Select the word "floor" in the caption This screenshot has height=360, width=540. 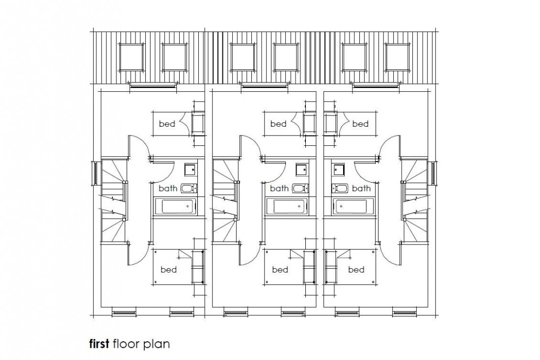127,343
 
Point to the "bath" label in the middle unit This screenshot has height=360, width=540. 279,188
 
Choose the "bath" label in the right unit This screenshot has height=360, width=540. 361,188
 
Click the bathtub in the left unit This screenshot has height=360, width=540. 176,206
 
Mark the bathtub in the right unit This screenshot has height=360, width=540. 350,206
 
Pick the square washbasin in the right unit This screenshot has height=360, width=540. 338,170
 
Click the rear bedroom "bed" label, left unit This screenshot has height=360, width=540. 167,124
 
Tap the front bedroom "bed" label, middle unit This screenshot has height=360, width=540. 280,270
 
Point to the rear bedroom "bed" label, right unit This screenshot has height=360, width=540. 360,124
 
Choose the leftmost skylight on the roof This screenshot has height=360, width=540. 131,57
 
